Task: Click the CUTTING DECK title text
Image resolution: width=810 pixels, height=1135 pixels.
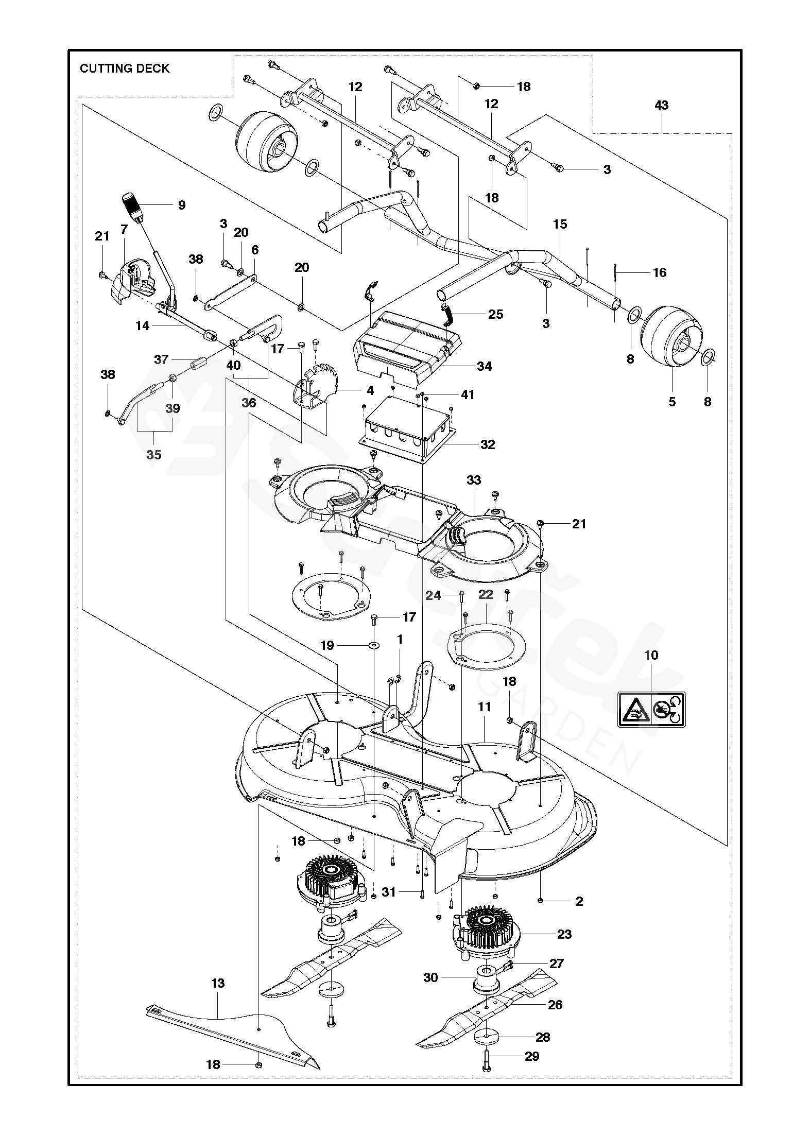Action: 124,68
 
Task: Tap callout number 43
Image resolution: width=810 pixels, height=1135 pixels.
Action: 661,106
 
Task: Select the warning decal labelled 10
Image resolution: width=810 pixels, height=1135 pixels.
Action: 651,709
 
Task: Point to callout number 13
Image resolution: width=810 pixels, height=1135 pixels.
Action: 218,984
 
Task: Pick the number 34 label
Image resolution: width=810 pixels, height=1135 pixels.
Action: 484,366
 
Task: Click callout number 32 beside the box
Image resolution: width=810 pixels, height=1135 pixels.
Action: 487,444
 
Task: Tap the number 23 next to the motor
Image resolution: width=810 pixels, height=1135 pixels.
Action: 564,934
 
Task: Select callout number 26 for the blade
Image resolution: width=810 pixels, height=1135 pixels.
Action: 555,1005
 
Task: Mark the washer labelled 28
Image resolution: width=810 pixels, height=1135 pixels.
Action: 487,1038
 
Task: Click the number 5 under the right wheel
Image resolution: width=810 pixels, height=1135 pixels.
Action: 671,402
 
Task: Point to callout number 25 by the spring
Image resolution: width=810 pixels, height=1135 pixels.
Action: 495,314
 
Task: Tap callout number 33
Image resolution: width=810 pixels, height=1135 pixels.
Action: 473,480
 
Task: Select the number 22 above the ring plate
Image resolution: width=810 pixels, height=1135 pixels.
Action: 486,595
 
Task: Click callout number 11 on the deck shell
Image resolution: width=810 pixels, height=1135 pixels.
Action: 484,707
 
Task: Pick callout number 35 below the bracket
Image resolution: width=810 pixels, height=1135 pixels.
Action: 153,455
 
